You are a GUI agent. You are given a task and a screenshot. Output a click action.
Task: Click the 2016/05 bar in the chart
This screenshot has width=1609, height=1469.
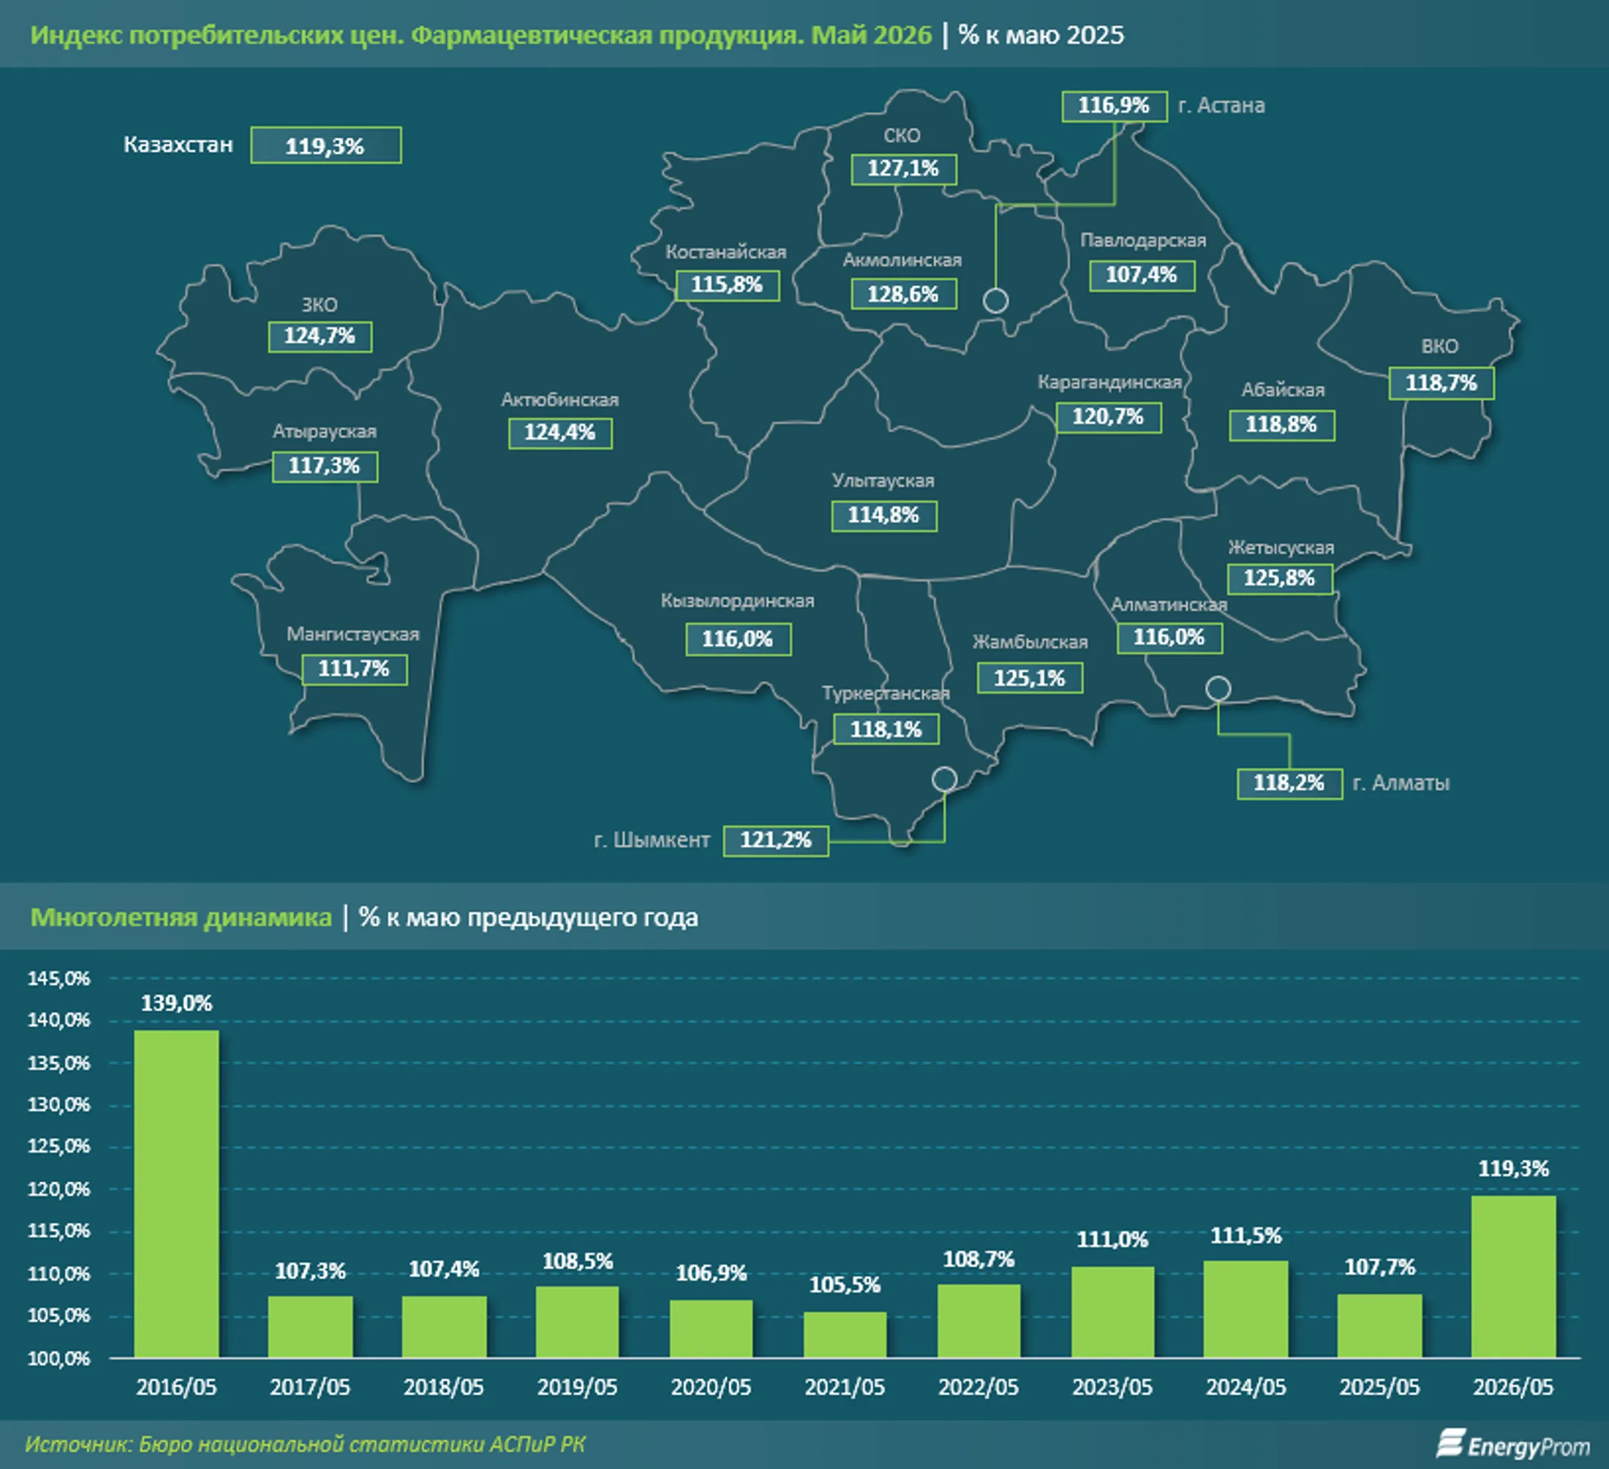[177, 1193]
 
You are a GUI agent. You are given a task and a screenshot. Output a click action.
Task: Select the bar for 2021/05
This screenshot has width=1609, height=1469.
[845, 1334]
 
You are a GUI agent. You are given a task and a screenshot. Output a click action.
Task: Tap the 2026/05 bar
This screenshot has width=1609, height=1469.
[1513, 1277]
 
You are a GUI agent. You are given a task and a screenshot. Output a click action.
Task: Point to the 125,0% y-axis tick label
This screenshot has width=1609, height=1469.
[59, 1146]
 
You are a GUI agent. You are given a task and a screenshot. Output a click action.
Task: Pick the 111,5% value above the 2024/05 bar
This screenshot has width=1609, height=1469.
[1245, 1236]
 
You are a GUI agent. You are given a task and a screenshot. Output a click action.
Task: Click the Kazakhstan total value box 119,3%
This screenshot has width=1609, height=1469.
[326, 145]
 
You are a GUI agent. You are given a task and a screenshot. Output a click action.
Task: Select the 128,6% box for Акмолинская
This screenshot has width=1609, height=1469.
[903, 294]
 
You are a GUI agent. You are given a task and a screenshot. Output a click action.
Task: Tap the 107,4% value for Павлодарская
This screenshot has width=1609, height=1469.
[1141, 276]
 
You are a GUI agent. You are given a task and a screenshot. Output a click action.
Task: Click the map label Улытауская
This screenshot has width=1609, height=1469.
[883, 480]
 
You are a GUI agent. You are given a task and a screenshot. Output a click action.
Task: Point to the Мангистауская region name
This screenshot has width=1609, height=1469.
[353, 633]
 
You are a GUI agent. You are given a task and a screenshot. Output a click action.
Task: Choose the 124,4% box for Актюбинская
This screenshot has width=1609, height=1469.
[559, 433]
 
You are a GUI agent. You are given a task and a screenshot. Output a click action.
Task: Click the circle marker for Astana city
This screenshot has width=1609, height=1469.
[995, 301]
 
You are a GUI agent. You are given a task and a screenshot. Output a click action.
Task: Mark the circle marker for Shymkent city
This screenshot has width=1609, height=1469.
[945, 778]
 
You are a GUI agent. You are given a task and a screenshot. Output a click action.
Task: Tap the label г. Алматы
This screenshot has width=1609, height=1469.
[1401, 783]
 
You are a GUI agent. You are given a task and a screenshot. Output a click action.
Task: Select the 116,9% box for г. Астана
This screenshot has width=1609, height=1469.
[1114, 106]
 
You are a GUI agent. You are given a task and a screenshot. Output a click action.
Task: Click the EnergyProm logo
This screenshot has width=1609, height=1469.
[1513, 1444]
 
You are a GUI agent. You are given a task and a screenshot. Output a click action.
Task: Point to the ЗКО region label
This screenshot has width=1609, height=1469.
[320, 305]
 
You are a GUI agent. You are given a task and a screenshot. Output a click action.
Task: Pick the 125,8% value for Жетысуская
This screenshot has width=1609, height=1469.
[1280, 579]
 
